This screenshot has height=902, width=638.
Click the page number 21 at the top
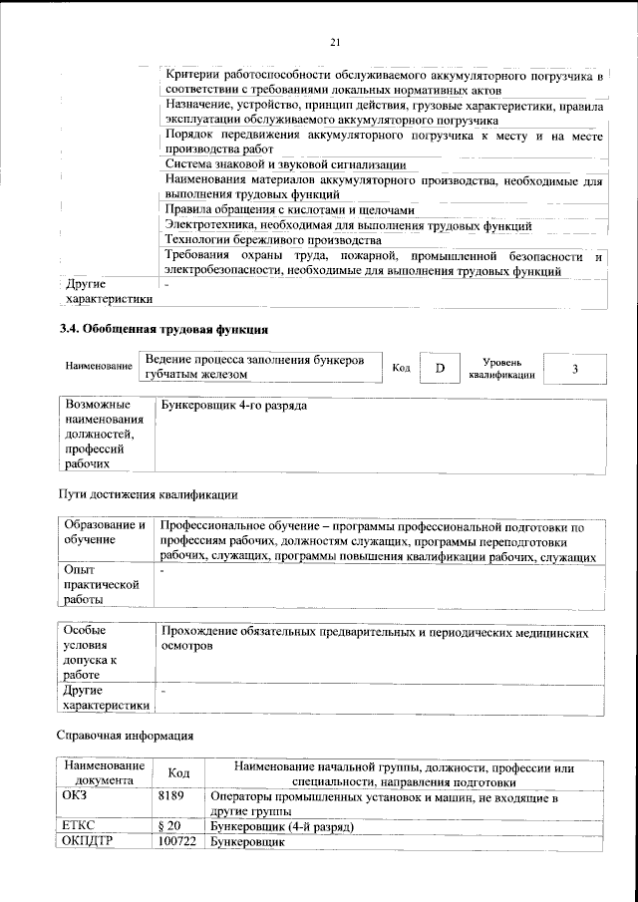pos(335,41)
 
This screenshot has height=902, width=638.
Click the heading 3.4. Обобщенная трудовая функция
pos(163,328)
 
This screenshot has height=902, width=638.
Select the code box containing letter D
pos(439,368)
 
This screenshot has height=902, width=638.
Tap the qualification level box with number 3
pos(575,368)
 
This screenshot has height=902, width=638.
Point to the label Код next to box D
pos(402,369)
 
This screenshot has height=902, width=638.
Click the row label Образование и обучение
pos(104,532)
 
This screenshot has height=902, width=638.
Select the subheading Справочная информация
pos(123,737)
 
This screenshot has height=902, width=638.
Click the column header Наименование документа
pos(104,773)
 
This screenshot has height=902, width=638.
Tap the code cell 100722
pos(177,843)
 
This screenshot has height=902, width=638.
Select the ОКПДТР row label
pos(92,843)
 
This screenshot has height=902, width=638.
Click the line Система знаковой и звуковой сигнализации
pos(285,163)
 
